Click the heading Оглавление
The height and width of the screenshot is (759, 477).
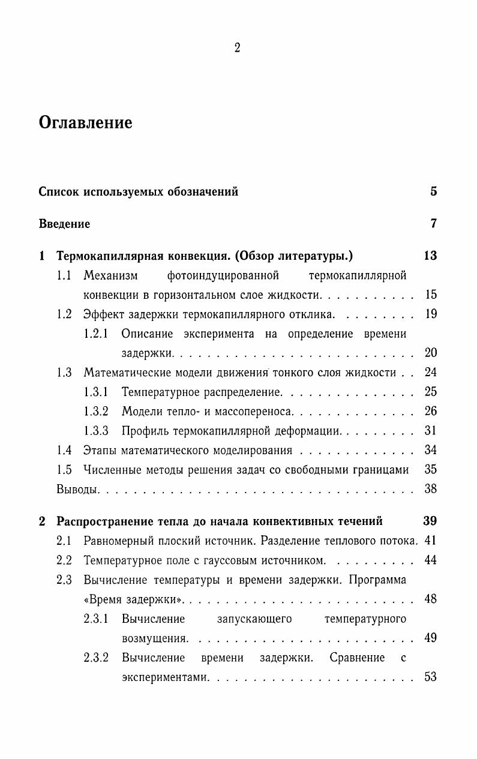click(85, 123)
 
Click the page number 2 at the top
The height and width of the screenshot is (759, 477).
click(238, 49)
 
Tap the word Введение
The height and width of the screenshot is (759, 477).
click(64, 224)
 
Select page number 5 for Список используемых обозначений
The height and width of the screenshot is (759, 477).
click(433, 192)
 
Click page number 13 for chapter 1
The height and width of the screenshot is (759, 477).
click(430, 256)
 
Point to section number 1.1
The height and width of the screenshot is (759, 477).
click(64, 275)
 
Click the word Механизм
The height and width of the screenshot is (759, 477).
click(110, 275)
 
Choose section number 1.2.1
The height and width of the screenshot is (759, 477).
click(96, 334)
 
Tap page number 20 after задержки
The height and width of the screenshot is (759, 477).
click(430, 353)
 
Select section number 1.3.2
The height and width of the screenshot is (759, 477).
click(96, 412)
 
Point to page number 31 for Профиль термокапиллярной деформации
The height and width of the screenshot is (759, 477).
click(430, 431)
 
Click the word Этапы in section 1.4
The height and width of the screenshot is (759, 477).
click(100, 450)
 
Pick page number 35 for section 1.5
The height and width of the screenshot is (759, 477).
click(430, 469)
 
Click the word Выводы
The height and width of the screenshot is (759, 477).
click(77, 489)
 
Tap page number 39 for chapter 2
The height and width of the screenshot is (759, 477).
click(430, 521)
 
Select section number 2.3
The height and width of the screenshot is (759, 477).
click(64, 580)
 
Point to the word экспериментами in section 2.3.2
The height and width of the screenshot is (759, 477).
click(165, 677)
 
